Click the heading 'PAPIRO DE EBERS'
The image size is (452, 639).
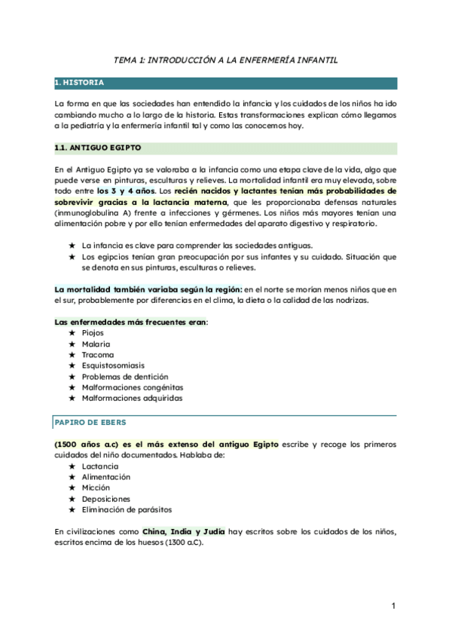tap(85, 422)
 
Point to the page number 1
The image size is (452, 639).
tap(394, 605)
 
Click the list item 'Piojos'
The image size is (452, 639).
tap(93, 333)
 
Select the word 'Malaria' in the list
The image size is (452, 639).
tap(96, 344)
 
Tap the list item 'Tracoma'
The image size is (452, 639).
tap(98, 354)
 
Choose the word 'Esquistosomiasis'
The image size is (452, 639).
tap(114, 365)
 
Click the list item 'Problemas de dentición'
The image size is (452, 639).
tap(124, 376)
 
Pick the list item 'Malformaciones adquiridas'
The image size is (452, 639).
tap(132, 398)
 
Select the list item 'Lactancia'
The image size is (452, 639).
tap(100, 466)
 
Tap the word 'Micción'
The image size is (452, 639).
tap(97, 488)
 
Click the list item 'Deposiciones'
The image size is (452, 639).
tap(106, 499)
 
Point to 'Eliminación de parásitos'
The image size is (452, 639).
tap(127, 509)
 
